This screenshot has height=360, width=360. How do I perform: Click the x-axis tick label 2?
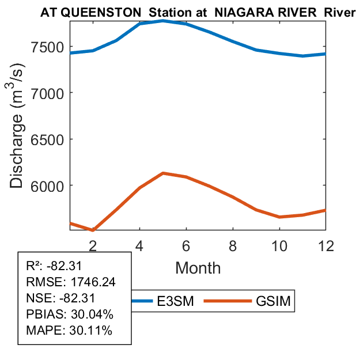[93, 245]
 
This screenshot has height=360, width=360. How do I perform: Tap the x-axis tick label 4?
[140, 245]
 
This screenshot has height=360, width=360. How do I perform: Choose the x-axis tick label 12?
[326, 245]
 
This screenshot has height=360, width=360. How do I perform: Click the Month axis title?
[198, 267]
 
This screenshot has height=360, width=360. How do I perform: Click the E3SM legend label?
[176, 301]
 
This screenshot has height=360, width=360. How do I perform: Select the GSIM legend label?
[272, 301]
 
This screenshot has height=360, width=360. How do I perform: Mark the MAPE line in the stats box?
[69, 331]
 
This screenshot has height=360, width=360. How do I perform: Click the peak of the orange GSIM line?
[164, 173]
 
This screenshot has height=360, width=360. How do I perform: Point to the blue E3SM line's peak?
[164, 21]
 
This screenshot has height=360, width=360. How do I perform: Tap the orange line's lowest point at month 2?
[93, 230]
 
